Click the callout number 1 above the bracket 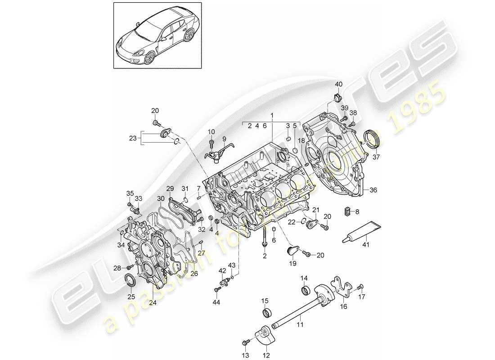click(272, 115)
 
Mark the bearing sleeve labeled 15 click(265, 312)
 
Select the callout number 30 click(161, 198)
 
